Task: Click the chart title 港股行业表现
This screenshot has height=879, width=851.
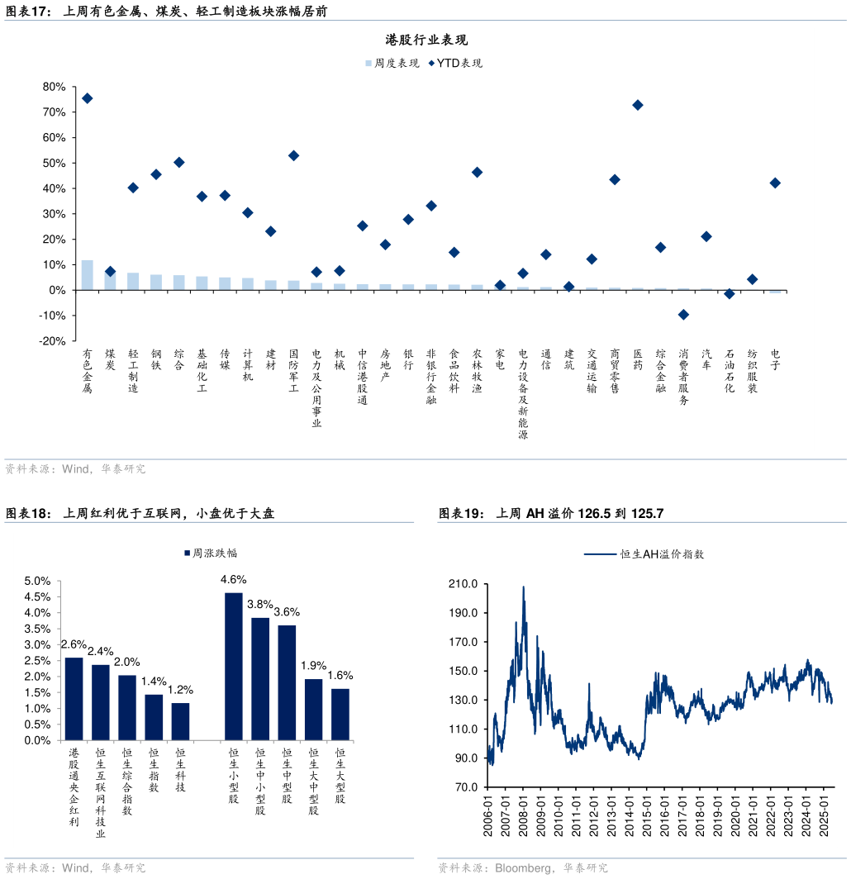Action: [426, 40]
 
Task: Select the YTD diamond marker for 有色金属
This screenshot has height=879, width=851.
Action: [87, 98]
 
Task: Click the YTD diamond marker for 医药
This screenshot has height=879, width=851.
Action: [637, 105]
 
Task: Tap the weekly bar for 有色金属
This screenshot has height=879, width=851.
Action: [87, 275]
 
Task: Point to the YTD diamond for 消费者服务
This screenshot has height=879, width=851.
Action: [683, 315]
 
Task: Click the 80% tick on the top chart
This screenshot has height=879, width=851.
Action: [54, 87]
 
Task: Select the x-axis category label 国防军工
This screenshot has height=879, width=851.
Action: [293, 370]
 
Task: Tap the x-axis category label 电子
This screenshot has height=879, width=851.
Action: [775, 359]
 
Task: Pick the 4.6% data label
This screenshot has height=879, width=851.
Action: [234, 579]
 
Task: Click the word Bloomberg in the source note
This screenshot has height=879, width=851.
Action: [525, 868]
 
